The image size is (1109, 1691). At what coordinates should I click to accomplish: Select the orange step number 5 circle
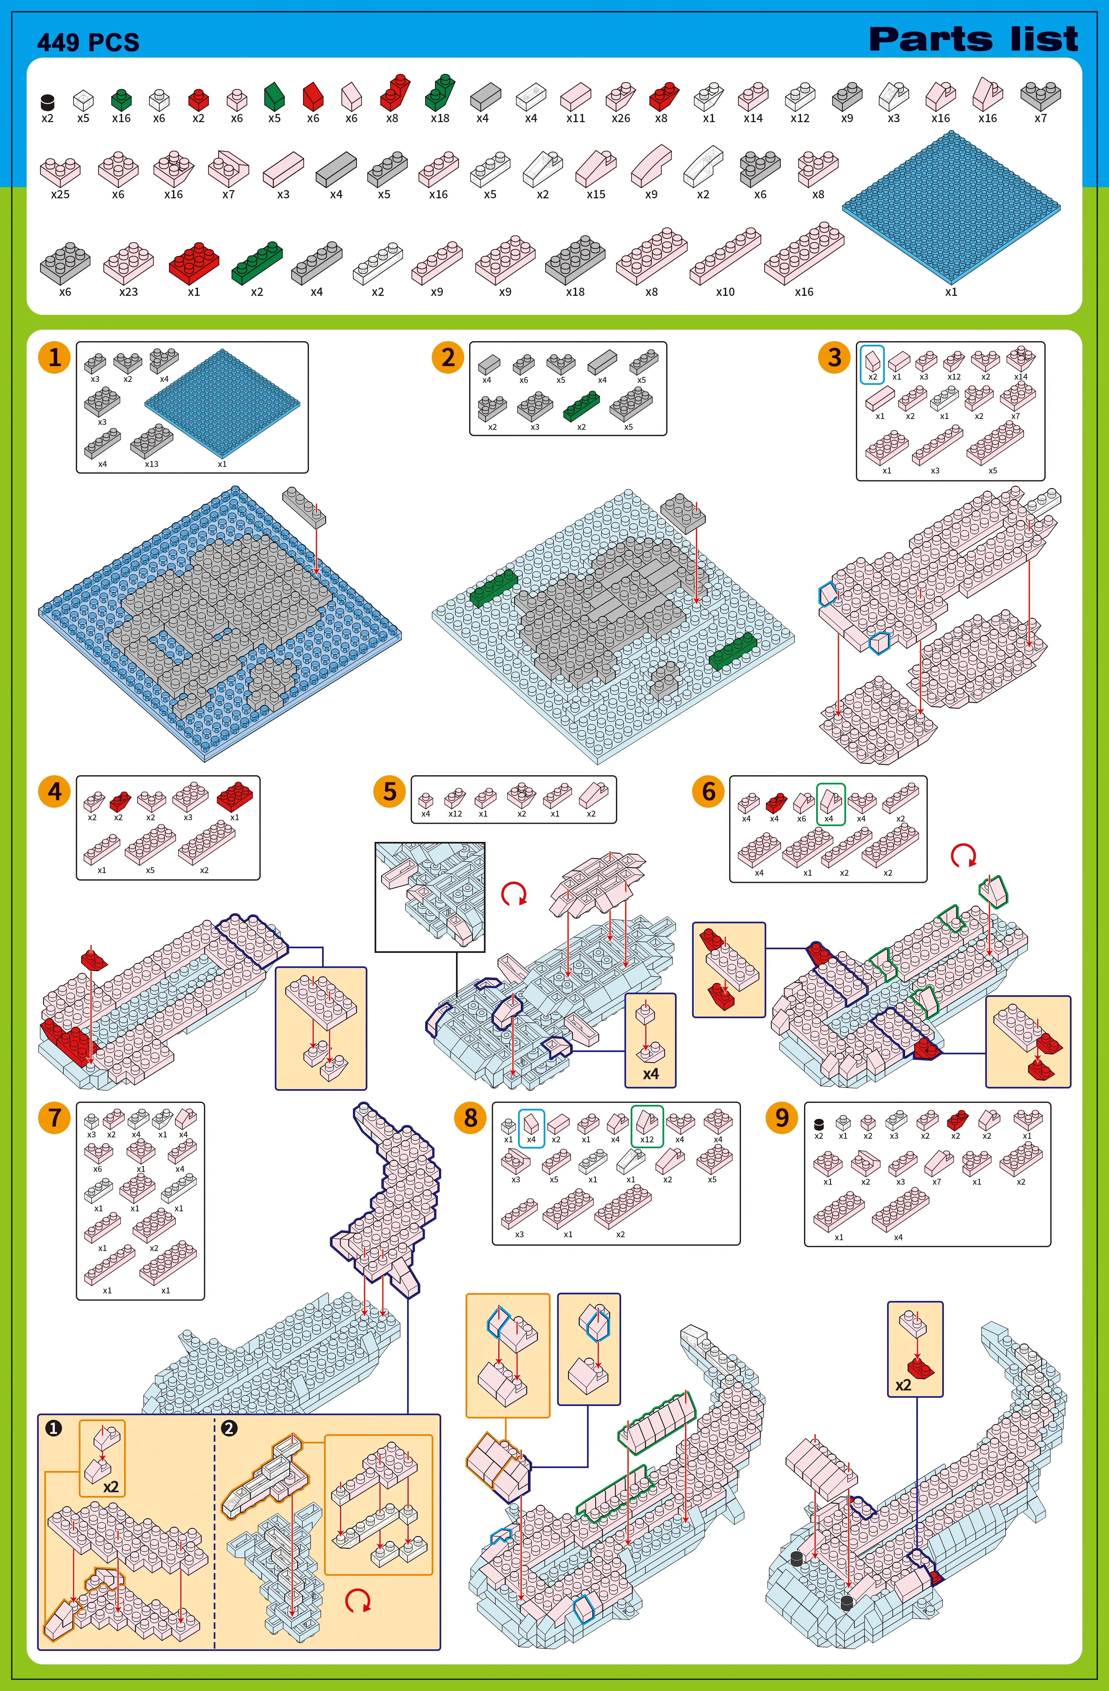tap(389, 792)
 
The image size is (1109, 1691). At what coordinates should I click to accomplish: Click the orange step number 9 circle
tap(781, 1118)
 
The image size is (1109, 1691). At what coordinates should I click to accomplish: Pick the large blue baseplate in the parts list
tap(951, 208)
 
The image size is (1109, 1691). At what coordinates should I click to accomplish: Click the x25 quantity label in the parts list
tap(60, 194)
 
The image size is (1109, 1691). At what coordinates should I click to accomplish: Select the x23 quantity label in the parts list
tap(129, 292)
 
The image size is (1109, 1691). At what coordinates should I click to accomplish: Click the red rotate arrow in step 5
tap(514, 893)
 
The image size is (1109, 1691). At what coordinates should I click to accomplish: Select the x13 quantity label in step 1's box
tap(151, 464)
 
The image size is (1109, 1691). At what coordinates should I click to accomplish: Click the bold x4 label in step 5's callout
tap(651, 1074)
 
